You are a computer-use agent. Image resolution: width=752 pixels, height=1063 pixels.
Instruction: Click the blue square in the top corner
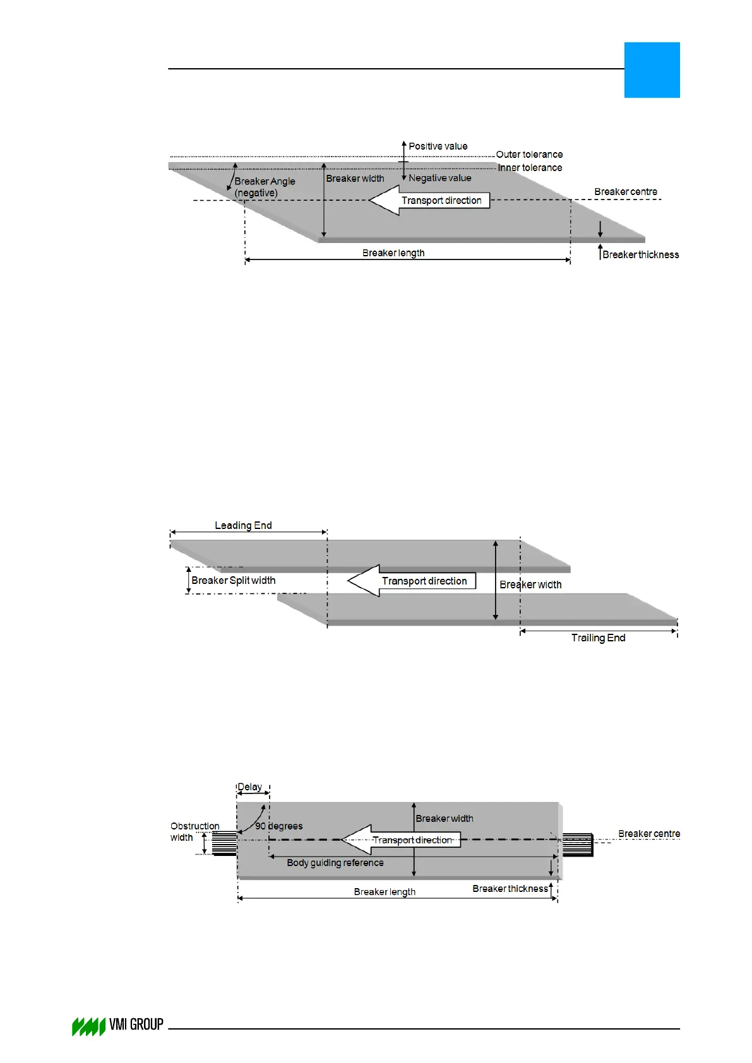[x=652, y=70]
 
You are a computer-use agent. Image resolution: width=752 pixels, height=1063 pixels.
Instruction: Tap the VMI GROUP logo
[x=117, y=1026]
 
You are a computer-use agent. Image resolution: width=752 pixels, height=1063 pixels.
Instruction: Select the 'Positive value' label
[x=438, y=146]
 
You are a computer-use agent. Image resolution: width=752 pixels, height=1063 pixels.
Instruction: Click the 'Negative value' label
[x=439, y=178]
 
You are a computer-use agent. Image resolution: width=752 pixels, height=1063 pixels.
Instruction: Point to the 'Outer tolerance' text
[x=529, y=155]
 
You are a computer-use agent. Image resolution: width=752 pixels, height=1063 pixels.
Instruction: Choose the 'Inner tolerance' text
[x=530, y=168]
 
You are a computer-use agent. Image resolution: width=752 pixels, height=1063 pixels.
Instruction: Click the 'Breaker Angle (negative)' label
[x=265, y=187]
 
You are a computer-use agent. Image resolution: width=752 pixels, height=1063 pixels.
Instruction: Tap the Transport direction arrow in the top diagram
[x=429, y=201]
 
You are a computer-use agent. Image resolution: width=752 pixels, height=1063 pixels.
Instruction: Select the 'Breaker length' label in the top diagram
[x=393, y=253]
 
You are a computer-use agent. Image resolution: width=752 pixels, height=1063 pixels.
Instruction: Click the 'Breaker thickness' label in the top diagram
[x=640, y=255]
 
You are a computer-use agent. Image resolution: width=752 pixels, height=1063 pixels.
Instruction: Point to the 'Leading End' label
[x=243, y=526]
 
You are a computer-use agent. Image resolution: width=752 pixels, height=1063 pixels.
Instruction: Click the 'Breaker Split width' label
[x=234, y=581]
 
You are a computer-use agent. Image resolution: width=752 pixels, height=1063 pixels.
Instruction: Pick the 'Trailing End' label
[x=598, y=638]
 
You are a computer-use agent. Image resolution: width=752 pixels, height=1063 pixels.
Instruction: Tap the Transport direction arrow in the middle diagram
[x=412, y=581]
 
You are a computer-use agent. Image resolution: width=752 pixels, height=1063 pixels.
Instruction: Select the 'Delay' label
[x=249, y=787]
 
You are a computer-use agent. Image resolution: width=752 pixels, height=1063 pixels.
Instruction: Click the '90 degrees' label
[x=279, y=826]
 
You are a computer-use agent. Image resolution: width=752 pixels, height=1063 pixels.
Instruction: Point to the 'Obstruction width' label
[x=194, y=832]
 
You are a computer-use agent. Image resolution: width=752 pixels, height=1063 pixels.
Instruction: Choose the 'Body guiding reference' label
[x=335, y=863]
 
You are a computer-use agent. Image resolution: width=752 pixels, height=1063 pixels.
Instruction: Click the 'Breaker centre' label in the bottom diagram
[x=649, y=834]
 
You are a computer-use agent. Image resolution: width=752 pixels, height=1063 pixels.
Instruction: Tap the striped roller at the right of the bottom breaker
[x=578, y=845]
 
